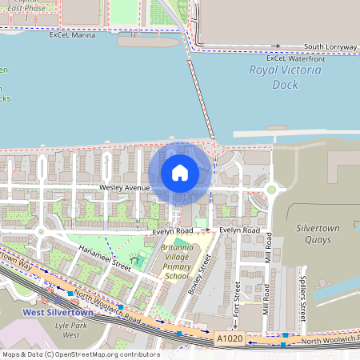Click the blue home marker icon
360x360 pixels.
pos(180,173)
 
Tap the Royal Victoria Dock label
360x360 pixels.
pos(285,76)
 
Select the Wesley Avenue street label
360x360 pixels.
pos(125,188)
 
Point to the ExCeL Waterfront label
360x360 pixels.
pos(296,58)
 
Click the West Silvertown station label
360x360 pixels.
pos(58,313)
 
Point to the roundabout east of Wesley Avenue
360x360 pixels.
pos(272,190)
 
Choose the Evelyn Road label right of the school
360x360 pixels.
pos(240,230)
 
